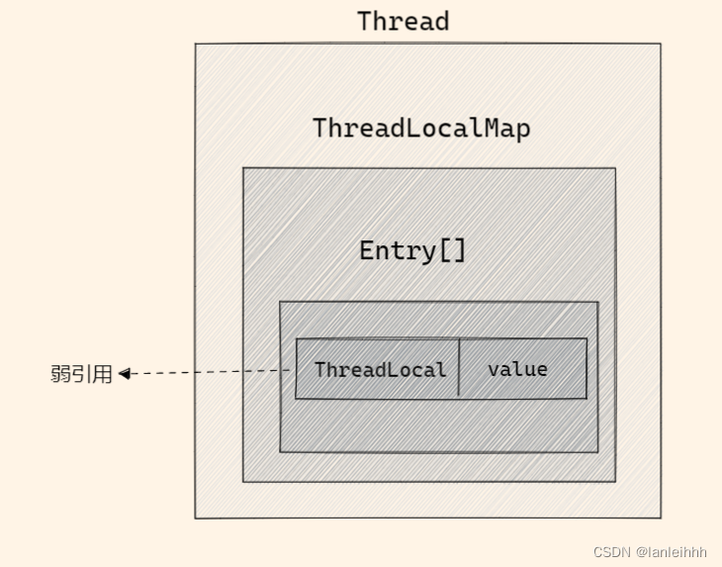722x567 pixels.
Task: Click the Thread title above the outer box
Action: click(403, 21)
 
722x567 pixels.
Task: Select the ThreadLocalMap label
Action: click(421, 128)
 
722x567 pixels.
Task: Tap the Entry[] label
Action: click(411, 250)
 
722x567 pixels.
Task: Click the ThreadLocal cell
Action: click(380, 369)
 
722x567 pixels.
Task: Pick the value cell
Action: click(517, 369)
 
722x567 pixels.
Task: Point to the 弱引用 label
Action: click(81, 374)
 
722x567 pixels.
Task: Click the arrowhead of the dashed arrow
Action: click(125, 373)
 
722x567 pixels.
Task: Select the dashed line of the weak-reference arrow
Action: click(208, 372)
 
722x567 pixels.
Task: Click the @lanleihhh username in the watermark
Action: click(672, 551)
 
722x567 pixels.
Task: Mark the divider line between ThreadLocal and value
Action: click(459, 368)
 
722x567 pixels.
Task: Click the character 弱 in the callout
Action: click(60, 374)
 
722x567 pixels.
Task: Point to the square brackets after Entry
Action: click(452, 250)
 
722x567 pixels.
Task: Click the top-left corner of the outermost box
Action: click(195, 45)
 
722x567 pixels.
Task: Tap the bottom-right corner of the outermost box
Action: click(660, 517)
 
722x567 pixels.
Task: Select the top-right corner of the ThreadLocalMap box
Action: click(615, 168)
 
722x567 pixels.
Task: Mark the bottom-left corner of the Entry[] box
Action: click(280, 451)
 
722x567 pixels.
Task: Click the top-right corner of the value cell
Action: click(587, 339)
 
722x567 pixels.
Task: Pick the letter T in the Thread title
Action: click(364, 21)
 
